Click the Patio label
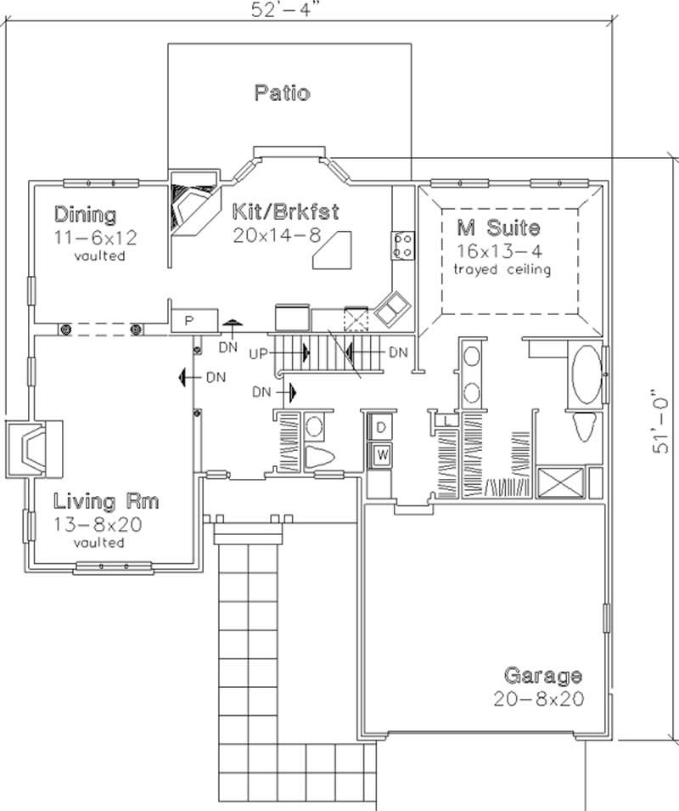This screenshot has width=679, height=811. tap(282, 93)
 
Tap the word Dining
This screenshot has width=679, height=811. tap(85, 213)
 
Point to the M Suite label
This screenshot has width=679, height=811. tap(498, 228)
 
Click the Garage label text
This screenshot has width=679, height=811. tap(543, 676)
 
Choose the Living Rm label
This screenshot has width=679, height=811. tap(106, 501)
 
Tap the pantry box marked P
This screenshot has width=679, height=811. tap(190, 321)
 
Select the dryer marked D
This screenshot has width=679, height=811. tap(381, 425)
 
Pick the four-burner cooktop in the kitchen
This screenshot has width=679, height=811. tap(402, 245)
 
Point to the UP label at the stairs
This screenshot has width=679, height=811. tap(260, 352)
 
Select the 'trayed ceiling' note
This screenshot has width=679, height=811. tap(502, 270)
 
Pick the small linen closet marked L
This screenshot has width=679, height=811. tap(445, 420)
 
